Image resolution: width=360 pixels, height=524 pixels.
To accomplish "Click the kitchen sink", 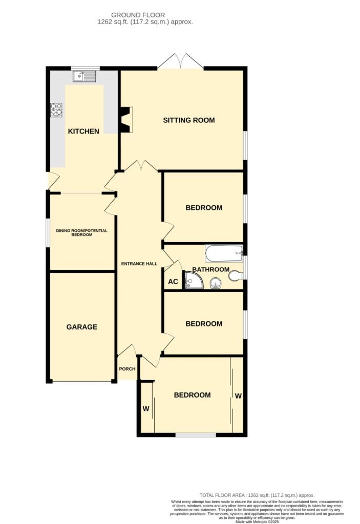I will click(x=84, y=77).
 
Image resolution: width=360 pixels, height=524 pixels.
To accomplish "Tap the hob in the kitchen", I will click(x=56, y=110).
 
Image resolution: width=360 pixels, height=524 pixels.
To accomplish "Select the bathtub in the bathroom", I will click(x=224, y=252).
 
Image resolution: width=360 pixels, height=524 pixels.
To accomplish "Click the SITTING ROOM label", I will click(x=188, y=120).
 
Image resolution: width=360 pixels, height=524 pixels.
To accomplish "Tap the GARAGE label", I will click(x=82, y=327).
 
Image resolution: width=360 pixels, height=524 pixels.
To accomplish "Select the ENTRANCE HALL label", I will click(x=139, y=264).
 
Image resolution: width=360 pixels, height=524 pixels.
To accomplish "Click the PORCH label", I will click(x=127, y=369).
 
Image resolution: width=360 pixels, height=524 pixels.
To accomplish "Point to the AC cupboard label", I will click(x=173, y=281).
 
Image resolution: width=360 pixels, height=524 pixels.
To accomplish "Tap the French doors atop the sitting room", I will click(x=180, y=61).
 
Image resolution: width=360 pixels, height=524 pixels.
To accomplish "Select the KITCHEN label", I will click(x=83, y=132).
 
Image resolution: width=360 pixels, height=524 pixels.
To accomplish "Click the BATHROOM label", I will click(x=210, y=269).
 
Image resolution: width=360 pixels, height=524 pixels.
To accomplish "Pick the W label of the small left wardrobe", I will click(x=146, y=408).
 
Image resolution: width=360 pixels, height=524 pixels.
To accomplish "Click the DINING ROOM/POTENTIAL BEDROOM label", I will click(x=82, y=232).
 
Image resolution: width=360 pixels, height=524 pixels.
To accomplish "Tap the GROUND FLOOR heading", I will click(x=145, y=15).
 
